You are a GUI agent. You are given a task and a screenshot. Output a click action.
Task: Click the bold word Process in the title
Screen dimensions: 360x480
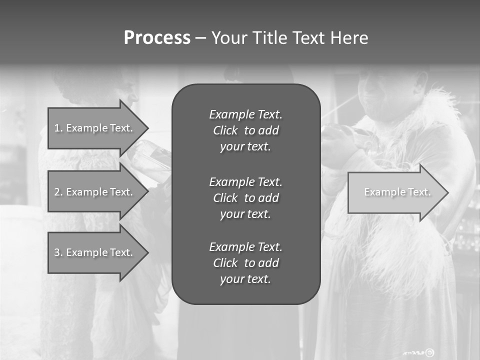tap(157, 38)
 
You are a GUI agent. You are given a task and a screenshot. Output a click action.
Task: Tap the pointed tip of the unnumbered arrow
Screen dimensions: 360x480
tap(447, 192)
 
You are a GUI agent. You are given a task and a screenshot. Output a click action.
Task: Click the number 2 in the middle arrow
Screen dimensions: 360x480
tap(57, 192)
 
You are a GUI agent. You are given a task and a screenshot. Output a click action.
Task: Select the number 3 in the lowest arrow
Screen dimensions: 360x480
tap(57, 252)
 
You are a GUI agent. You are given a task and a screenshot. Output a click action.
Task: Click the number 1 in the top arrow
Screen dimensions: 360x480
tap(57, 128)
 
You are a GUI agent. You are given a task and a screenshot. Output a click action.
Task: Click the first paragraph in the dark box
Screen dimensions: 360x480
tap(245, 130)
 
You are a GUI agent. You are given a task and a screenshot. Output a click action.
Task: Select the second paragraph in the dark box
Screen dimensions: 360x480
tap(245, 198)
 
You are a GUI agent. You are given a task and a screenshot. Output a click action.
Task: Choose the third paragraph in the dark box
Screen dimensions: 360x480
tap(245, 263)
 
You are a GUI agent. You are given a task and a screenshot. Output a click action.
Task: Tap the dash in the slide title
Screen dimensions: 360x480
tap(200, 38)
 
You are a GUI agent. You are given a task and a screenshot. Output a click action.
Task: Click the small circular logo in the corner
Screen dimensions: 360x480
tap(430, 352)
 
